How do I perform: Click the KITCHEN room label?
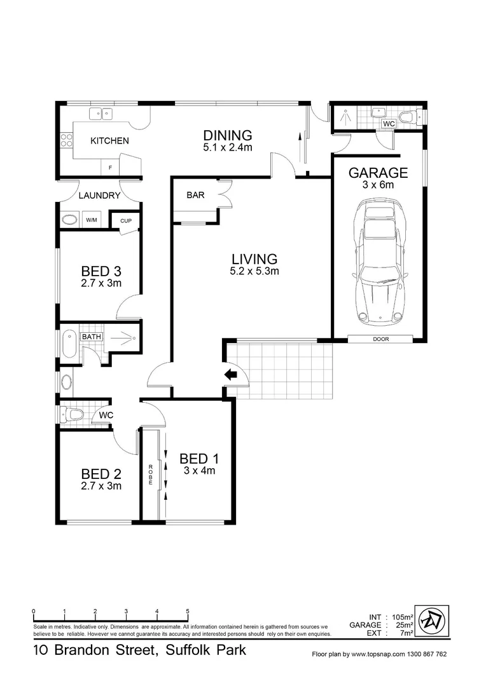click(x=109, y=141)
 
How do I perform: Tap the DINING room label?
click(x=228, y=135)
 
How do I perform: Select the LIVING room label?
click(x=254, y=259)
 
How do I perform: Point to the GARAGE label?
click(x=378, y=173)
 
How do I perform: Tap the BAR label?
click(x=195, y=195)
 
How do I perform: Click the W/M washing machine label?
click(x=92, y=220)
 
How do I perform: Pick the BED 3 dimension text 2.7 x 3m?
click(x=101, y=283)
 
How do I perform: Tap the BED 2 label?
click(x=101, y=474)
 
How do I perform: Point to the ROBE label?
click(x=151, y=475)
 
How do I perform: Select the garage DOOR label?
click(x=380, y=339)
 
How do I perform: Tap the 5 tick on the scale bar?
click(x=188, y=612)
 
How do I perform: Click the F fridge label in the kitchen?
click(x=111, y=168)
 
